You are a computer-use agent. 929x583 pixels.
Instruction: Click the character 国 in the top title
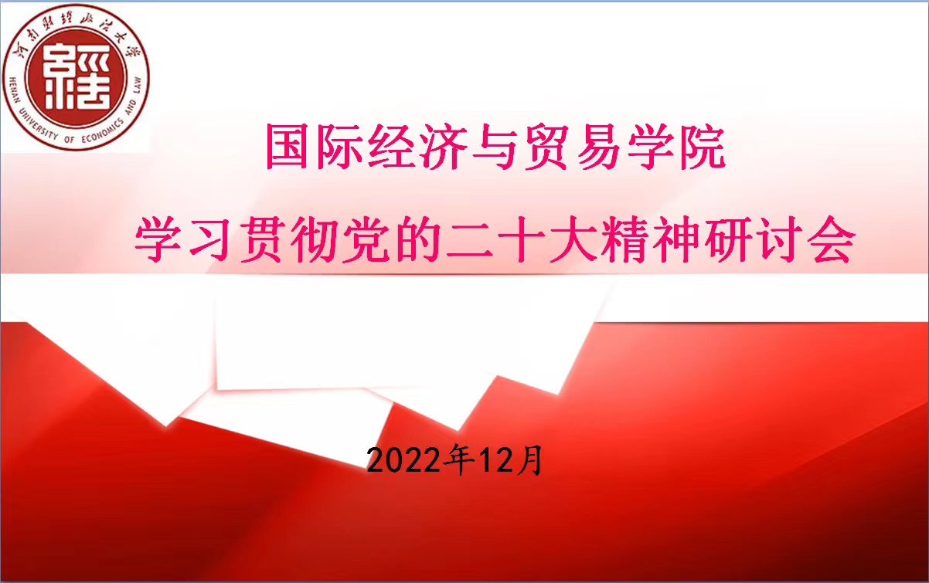coord(288,147)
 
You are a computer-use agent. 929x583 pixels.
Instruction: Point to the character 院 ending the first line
coord(702,147)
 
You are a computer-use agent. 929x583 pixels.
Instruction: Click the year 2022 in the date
coord(403,461)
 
